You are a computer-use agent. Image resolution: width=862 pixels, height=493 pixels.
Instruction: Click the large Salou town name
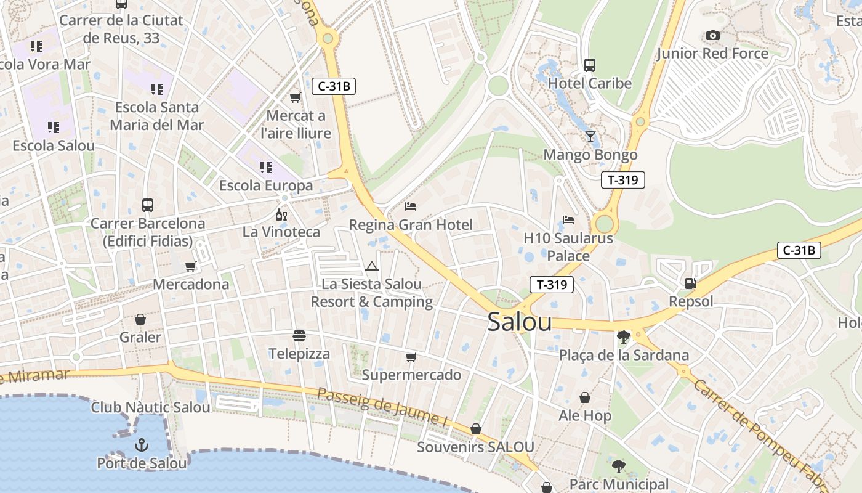tap(519, 322)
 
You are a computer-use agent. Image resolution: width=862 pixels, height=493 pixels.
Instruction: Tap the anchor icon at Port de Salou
tap(142, 444)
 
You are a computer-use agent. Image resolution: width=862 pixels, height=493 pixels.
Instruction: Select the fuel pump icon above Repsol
tap(691, 283)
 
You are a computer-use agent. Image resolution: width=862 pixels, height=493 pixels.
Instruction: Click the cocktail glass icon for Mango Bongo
tap(590, 136)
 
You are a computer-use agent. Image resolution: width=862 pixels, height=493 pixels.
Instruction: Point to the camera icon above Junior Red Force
tap(713, 36)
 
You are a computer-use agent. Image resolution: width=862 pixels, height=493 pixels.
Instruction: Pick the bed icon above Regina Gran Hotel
tap(411, 206)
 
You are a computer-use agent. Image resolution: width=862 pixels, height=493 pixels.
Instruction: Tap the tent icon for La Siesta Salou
tap(371, 266)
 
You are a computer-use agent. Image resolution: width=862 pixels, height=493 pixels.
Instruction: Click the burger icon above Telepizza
tap(299, 336)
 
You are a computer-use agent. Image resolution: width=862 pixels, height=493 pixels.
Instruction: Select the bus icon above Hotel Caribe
tap(590, 65)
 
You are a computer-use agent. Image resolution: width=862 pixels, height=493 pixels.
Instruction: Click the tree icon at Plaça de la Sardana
tap(624, 336)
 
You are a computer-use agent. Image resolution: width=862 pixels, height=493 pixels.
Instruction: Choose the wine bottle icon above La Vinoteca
tap(281, 214)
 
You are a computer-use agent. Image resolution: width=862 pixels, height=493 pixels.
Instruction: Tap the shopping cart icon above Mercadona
tap(191, 266)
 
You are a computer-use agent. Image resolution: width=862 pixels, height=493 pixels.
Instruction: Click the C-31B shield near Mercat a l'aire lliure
tap(334, 86)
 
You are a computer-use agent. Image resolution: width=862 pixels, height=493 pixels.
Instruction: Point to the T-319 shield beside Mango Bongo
tap(622, 180)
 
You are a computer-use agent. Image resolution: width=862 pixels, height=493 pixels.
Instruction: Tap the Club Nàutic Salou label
tap(150, 407)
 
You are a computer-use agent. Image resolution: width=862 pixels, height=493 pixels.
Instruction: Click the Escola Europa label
tap(266, 185)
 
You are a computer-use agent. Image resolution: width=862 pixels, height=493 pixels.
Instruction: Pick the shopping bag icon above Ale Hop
tap(584, 398)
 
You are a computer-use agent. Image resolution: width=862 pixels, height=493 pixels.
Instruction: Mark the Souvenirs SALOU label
tap(475, 447)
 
